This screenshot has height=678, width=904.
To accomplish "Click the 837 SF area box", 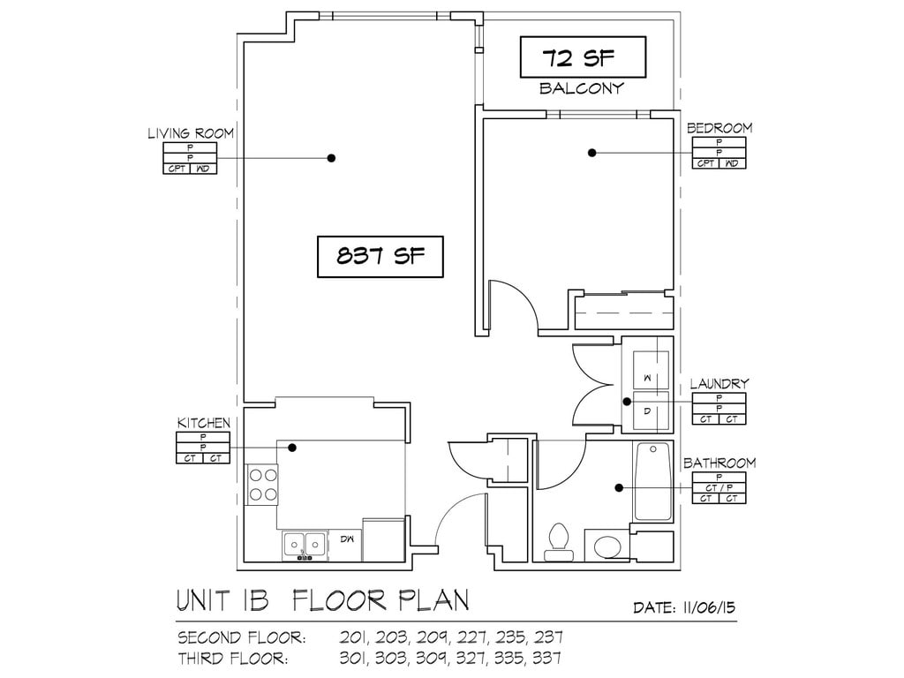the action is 380,257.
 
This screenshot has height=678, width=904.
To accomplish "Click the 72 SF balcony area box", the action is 583,57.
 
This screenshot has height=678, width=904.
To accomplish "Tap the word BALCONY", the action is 582,88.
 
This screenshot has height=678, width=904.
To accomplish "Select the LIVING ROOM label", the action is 191,134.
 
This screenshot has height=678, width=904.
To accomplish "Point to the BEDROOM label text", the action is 719,128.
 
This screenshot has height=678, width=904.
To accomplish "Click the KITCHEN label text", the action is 204,423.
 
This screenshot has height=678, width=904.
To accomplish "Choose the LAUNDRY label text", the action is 719,383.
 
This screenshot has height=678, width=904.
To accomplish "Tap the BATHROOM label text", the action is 719,463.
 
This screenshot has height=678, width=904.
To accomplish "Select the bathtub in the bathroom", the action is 652,482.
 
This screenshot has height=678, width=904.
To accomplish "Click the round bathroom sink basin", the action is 607,547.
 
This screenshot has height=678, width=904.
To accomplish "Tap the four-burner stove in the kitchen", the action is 262,485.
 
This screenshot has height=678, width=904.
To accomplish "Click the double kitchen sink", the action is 305,546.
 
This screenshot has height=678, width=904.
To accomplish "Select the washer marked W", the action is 651,369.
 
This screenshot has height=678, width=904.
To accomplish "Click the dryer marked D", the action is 651,411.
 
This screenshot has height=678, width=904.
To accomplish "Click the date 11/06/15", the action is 709,607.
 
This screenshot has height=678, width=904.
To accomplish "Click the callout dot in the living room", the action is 331,158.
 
